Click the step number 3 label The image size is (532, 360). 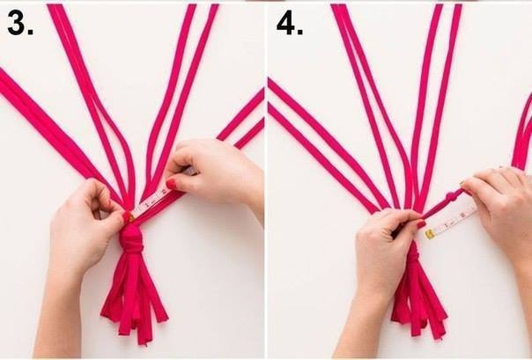[x=19, y=23]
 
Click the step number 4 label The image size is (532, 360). [x=290, y=24]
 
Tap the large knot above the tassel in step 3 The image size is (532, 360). [x=131, y=239]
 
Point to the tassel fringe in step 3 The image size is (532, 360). [x=134, y=298]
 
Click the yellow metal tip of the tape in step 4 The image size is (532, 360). [x=430, y=234]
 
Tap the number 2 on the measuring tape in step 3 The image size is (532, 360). [x=163, y=192]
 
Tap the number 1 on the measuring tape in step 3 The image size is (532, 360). [x=146, y=204]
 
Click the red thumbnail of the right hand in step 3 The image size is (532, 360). [x=172, y=184]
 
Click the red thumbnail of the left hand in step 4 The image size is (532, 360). [x=421, y=224]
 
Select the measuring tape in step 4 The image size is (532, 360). [x=451, y=222]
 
